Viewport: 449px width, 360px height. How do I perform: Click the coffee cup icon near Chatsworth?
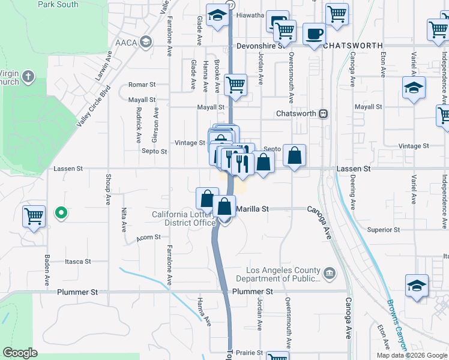pos(314,34)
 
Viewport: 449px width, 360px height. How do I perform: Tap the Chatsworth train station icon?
pos(323,113)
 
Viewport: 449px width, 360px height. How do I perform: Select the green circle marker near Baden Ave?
pos(61,212)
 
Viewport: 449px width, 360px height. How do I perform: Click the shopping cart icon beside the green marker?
pos(34,215)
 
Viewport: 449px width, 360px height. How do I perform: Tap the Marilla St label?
pos(252,209)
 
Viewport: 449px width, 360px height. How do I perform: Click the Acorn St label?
pos(148,238)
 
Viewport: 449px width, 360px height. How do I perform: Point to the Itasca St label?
pos(78,262)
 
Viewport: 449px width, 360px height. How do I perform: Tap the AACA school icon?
pos(145,42)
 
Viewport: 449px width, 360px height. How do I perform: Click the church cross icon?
pos(30,77)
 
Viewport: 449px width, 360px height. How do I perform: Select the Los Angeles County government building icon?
pos(329,275)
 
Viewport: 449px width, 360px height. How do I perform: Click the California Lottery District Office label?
pos(184,218)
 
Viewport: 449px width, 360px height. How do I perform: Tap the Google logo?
pos(20,353)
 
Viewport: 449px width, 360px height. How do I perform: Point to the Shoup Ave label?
pos(109,191)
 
